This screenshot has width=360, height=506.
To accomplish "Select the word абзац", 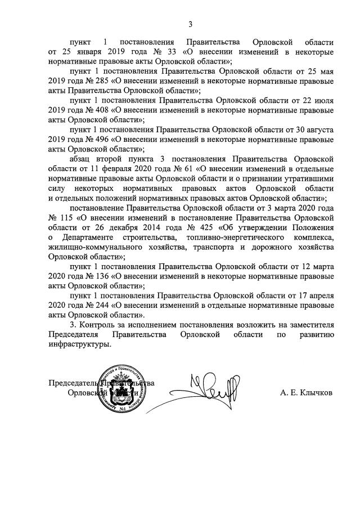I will point(82,159).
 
